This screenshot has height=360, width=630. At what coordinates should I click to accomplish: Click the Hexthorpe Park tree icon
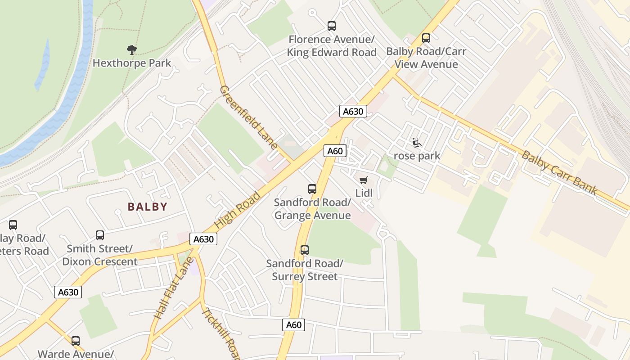click(131, 49)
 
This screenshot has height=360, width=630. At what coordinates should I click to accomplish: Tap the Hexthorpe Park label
click(132, 63)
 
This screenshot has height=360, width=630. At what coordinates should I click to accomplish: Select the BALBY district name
click(148, 207)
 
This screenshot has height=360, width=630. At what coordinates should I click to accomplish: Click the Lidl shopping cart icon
click(364, 180)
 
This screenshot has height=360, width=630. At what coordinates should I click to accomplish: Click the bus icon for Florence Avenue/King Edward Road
click(332, 26)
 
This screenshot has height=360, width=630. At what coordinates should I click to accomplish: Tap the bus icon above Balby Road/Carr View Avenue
click(426, 38)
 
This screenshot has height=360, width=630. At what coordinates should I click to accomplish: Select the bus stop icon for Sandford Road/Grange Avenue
click(312, 189)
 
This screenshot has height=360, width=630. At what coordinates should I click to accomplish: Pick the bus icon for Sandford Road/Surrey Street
click(305, 250)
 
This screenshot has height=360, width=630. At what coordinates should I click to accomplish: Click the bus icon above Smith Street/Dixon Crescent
click(100, 235)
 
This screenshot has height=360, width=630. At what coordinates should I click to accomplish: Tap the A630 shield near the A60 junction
click(353, 112)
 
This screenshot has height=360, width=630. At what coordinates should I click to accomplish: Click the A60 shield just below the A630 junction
click(335, 151)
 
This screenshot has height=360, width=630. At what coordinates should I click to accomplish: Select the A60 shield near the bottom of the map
click(293, 325)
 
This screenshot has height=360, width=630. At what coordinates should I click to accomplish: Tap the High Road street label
click(238, 210)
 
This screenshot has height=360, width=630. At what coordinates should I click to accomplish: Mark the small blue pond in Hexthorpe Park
click(42, 65)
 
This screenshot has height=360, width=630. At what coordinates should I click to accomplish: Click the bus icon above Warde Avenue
click(76, 341)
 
